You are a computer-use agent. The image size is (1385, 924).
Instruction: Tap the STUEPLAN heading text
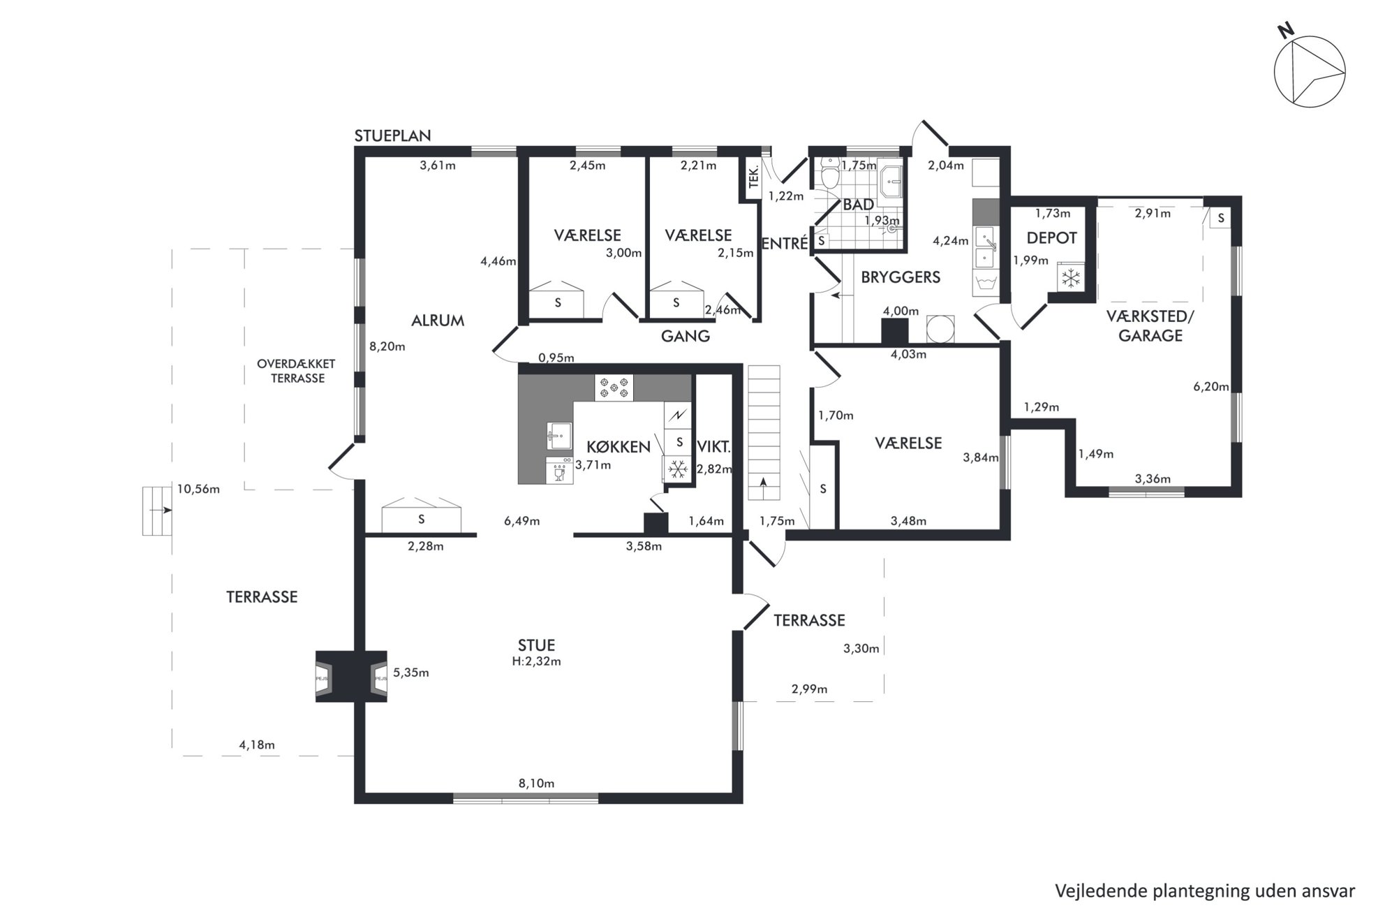pyautogui.click(x=392, y=135)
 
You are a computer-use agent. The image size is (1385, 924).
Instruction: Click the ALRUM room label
pyautogui.click(x=438, y=321)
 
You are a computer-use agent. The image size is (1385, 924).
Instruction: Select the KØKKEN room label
pyautogui.click(x=619, y=447)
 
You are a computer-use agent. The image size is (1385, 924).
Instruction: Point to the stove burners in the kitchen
pyautogui.click(x=614, y=388)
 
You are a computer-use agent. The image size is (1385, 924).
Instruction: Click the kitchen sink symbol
pyautogui.click(x=559, y=436)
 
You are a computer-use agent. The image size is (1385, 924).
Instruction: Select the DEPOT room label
pyautogui.click(x=1051, y=238)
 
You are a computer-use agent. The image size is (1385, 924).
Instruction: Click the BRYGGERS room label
pyautogui.click(x=901, y=277)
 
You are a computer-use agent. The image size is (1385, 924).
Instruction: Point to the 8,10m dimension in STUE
pyautogui.click(x=536, y=784)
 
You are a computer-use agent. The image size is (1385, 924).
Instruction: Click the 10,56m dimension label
pyautogui.click(x=198, y=490)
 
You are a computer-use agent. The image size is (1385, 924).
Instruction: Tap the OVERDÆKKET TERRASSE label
pyautogui.click(x=297, y=371)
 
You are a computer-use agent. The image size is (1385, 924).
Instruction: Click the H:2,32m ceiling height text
pyautogui.click(x=536, y=661)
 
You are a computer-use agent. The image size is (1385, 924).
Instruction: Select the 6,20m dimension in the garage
pyautogui.click(x=1211, y=386)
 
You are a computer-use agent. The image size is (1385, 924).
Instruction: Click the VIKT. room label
pyautogui.click(x=714, y=448)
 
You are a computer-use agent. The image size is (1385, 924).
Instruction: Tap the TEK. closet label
pyautogui.click(x=753, y=178)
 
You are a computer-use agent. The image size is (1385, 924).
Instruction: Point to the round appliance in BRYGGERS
pyautogui.click(x=940, y=329)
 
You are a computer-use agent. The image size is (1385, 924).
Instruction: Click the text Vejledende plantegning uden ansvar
pyautogui.click(x=1205, y=891)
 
